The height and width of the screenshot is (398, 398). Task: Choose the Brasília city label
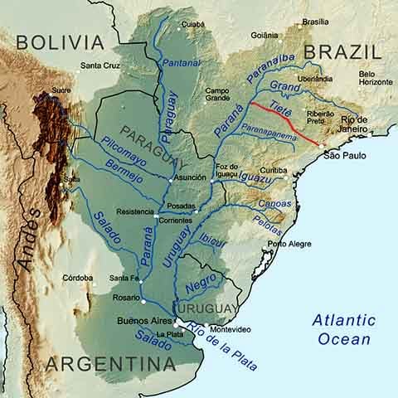point(315,22)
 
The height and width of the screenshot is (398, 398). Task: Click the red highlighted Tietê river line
point(286,124)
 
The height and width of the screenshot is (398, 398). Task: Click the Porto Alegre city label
point(289,244)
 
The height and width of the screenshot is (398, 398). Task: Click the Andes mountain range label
point(32,238)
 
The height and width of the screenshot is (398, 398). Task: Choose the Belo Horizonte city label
point(376,79)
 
